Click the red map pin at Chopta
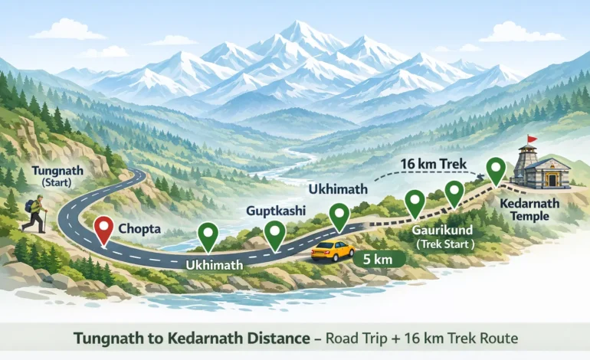(x=103, y=228)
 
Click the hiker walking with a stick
(x=34, y=213)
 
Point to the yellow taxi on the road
(x=332, y=250)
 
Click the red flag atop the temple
(x=531, y=139)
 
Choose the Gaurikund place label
(x=442, y=229)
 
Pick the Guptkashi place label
(x=274, y=209)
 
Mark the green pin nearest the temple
(x=497, y=169)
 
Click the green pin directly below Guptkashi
(x=274, y=232)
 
